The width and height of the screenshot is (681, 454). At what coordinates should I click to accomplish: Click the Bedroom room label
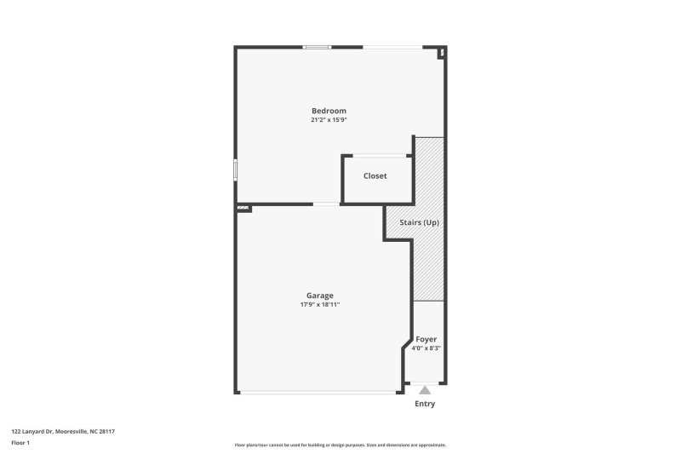(329, 111)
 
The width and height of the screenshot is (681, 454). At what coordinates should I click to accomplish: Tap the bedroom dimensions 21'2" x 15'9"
(329, 120)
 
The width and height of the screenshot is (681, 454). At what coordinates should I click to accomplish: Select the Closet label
(375, 176)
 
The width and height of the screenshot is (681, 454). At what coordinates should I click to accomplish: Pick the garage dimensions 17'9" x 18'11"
(320, 305)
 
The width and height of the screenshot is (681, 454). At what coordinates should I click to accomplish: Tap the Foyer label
(426, 339)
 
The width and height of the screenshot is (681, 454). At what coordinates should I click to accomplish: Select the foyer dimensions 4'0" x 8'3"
(426, 348)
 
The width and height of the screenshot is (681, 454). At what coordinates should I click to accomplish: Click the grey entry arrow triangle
(425, 389)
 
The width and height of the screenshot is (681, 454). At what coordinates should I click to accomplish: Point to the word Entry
(425, 404)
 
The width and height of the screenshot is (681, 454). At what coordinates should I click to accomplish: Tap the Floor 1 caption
(20, 443)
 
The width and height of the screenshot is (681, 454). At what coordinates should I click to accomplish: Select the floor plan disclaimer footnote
(340, 445)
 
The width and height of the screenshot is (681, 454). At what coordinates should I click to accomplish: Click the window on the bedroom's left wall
(236, 169)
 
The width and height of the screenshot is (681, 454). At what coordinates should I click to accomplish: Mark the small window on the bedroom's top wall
(318, 47)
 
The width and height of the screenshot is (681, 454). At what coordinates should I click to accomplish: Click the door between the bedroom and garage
(326, 204)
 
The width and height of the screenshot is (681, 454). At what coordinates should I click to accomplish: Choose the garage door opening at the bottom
(318, 393)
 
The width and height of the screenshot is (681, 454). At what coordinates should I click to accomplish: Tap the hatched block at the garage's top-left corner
(243, 207)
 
